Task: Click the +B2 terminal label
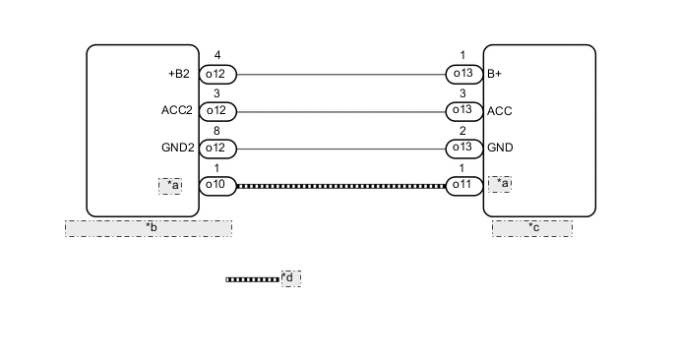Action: tap(180, 74)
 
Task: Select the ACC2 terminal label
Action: tap(177, 111)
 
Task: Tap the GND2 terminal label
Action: tap(177, 149)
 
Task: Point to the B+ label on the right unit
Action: tap(494, 74)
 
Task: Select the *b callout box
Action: tap(149, 228)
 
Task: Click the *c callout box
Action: tap(532, 228)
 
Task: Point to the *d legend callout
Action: tap(290, 278)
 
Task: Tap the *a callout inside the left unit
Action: tap(170, 185)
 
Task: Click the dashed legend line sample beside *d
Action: tap(253, 279)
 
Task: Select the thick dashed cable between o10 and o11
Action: tap(339, 185)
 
